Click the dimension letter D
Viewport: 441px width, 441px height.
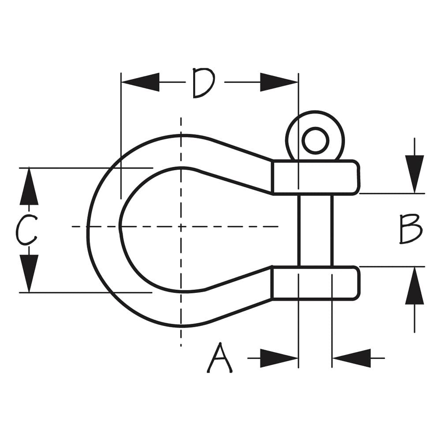coord(203,83)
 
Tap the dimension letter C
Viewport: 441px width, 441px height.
coord(26,230)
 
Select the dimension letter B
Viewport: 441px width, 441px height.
coord(411,229)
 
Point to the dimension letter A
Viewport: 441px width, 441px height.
coord(220,359)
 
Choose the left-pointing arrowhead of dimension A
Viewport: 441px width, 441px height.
coord(351,358)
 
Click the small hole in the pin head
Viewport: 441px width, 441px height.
coord(315,140)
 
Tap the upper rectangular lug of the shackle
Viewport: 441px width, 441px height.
coord(315,177)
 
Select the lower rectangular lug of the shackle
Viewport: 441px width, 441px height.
coord(315,283)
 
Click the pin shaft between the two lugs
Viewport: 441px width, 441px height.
coord(315,230)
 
